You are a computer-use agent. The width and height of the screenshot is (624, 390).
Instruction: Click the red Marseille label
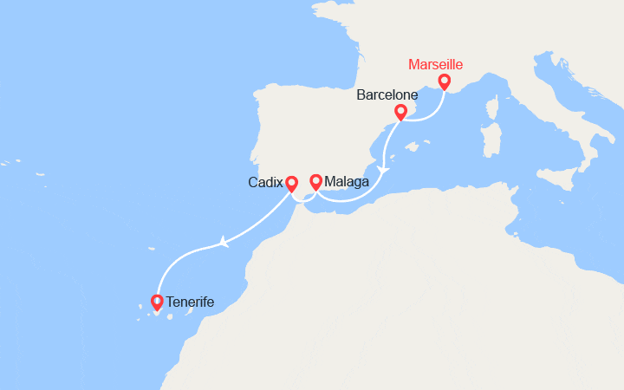[x=436, y=65]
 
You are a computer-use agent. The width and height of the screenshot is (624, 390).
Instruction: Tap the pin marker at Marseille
[x=445, y=81]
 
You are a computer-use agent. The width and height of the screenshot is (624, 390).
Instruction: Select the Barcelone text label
[x=387, y=94]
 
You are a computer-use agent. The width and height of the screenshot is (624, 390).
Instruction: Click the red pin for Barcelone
[x=400, y=112]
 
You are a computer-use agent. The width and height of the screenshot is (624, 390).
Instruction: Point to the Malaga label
[x=347, y=182]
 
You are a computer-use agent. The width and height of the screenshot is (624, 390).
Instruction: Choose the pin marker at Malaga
[x=316, y=181]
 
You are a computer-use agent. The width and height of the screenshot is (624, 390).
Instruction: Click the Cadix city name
[x=264, y=183]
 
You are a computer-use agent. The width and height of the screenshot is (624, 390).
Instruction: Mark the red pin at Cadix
[x=292, y=183]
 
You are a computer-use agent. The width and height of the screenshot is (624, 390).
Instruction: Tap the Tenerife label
[x=190, y=302]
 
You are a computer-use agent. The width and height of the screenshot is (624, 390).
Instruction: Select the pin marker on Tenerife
[x=157, y=302]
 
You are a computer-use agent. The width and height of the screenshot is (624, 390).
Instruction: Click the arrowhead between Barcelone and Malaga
[x=383, y=168]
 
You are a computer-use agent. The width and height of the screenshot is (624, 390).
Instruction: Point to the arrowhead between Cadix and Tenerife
[x=224, y=243]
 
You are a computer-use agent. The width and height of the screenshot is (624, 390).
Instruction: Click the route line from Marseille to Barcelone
[x=425, y=115]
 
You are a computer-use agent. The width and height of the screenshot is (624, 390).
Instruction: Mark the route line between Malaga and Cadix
[x=304, y=198]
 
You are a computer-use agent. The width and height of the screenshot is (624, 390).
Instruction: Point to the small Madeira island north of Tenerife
[x=151, y=250]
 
